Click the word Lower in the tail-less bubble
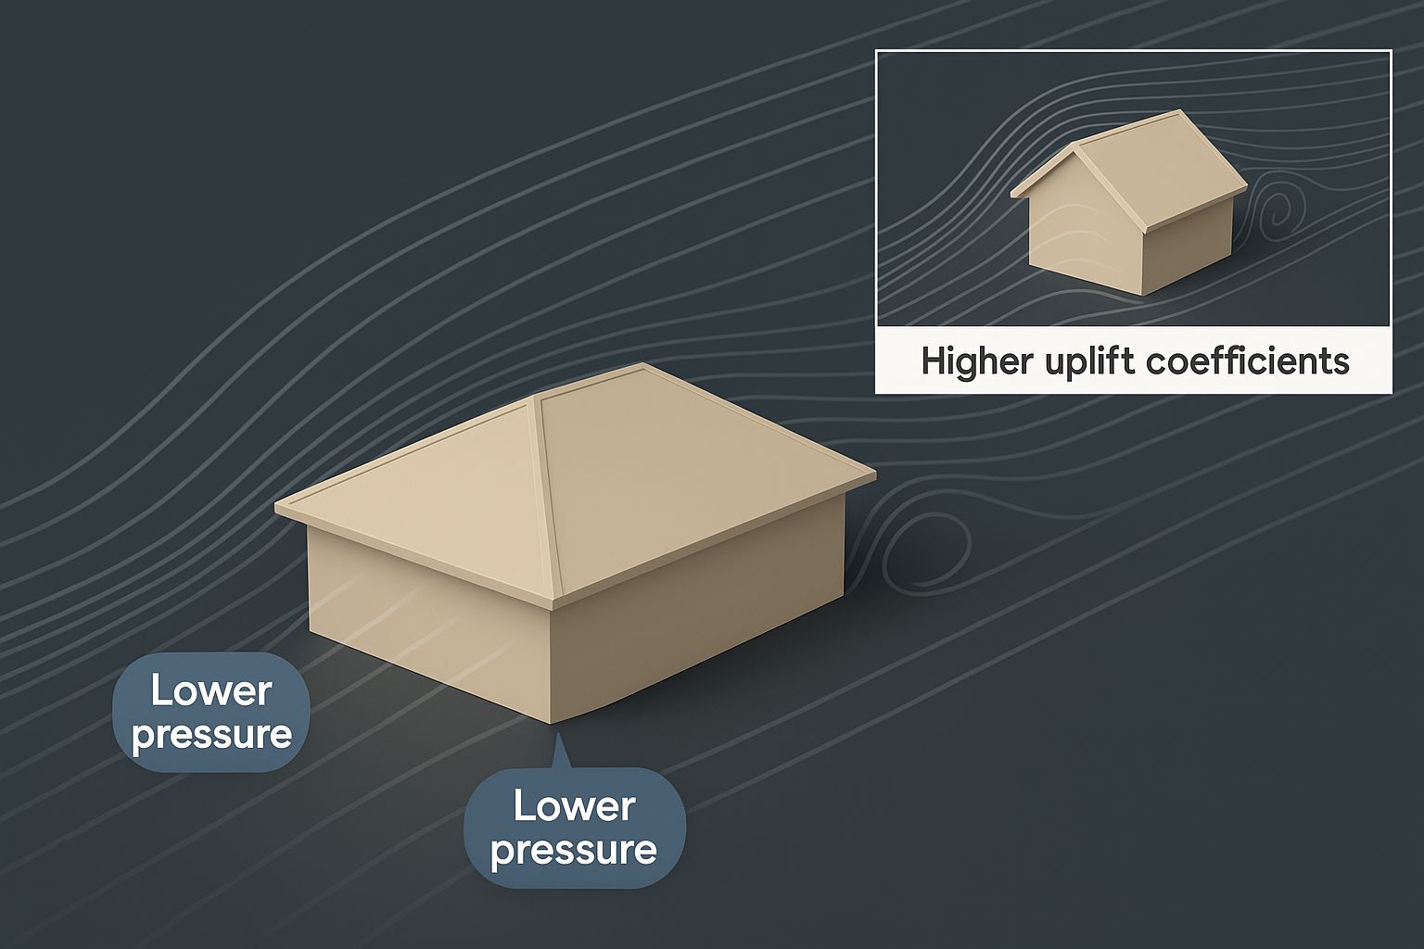point(211,691)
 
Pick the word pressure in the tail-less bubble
point(211,735)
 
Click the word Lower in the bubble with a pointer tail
point(574,806)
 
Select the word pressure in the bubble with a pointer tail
point(574,851)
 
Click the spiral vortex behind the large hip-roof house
point(925,548)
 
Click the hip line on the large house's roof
point(546,496)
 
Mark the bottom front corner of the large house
point(551,724)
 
